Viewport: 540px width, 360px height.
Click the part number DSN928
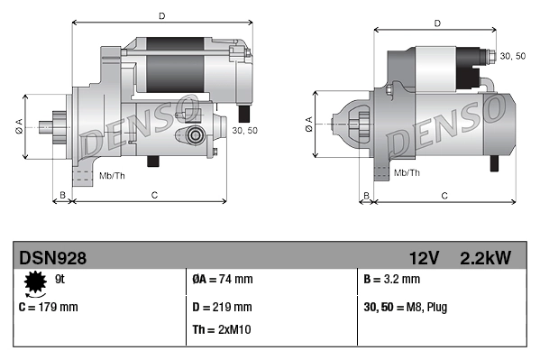53,258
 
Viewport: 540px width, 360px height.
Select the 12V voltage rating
423,258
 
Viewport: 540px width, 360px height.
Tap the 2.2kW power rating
485,258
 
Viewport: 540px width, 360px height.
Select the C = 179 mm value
49,307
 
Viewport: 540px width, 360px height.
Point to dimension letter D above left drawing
161,16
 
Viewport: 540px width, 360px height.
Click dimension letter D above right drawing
436,23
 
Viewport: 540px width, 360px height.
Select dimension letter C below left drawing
154,195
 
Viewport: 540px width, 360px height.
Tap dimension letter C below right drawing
444,195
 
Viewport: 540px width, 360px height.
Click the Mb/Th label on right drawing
407,171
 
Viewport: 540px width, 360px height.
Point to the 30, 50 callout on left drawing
244,131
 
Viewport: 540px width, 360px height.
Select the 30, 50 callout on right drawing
512,56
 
